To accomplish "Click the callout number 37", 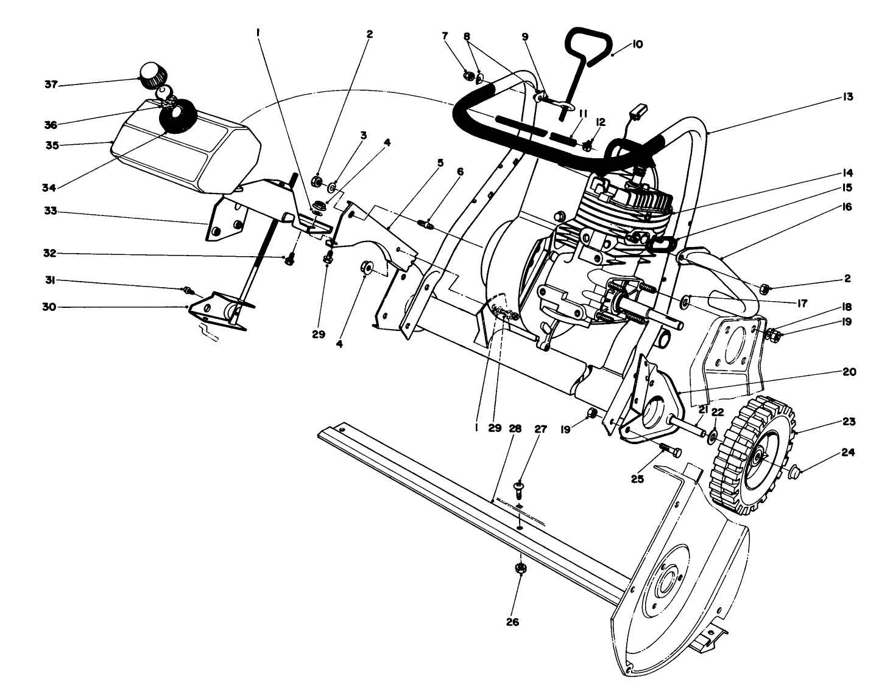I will [50, 85].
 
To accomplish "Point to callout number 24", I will [848, 453].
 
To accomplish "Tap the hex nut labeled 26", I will [520, 568].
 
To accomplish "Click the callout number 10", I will [637, 44].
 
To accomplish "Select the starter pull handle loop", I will [587, 46].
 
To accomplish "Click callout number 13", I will [848, 97].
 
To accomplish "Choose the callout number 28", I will [515, 428].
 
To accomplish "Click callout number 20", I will [848, 372].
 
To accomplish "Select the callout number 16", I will [848, 207].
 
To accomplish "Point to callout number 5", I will [440, 163].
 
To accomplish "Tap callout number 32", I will [50, 253].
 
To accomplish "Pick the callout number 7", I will [445, 36].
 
